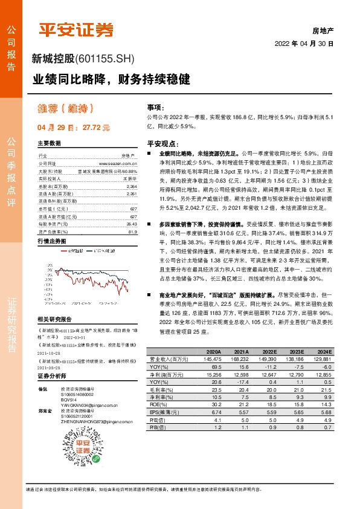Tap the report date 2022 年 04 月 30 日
click(x=304, y=44)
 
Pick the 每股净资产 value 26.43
click(x=132, y=190)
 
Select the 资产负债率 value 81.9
click(x=133, y=198)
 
